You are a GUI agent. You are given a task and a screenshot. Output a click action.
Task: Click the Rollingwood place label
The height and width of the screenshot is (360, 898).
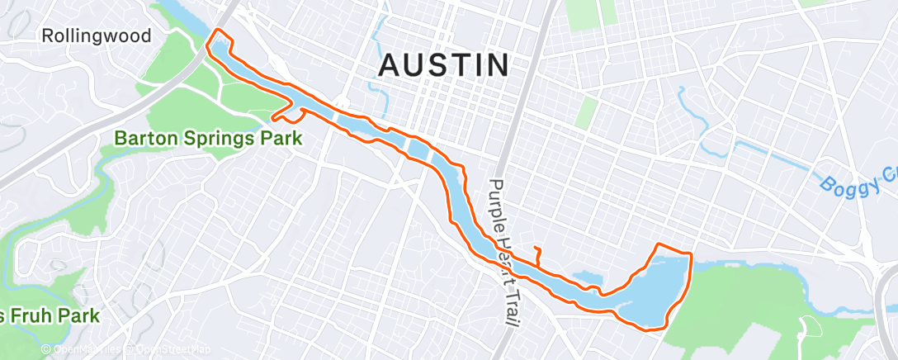(97, 36)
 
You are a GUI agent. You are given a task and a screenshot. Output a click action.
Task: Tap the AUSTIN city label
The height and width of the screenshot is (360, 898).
(444, 65)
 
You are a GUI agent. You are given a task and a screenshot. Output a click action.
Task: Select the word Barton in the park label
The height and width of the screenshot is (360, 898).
(149, 138)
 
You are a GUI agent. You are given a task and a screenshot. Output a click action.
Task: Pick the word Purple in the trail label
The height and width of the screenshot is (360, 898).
(497, 202)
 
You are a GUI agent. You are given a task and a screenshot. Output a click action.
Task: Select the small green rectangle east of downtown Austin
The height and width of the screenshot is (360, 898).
(587, 112)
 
